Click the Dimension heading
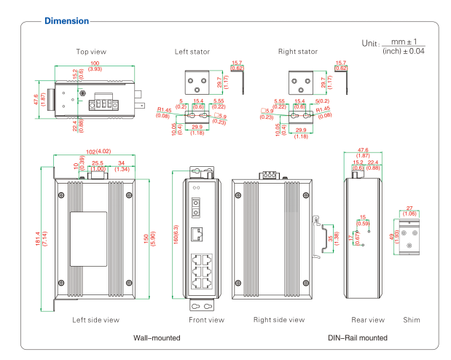point(66,21)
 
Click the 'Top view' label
point(91,52)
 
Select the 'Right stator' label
point(298,52)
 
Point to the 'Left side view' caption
point(95,319)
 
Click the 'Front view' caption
point(206,319)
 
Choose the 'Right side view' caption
point(279,319)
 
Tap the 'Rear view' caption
point(367,319)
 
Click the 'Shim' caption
point(412,319)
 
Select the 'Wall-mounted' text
point(157,337)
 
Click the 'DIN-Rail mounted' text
point(358,337)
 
